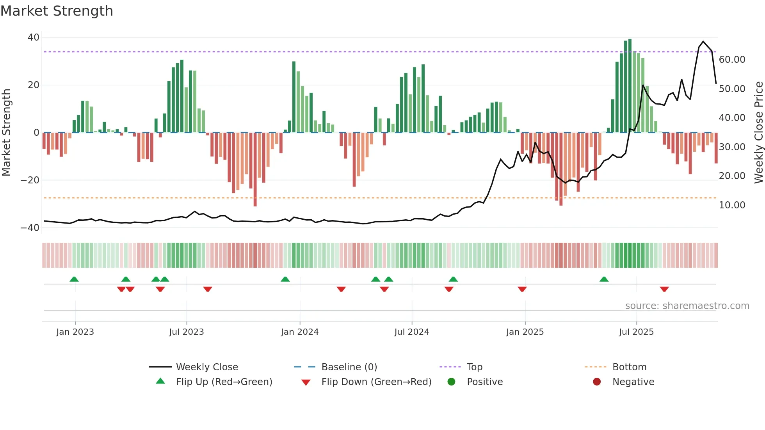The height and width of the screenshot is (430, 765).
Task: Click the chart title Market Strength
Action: (57, 11)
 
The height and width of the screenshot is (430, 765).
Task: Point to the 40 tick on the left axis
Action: (34, 37)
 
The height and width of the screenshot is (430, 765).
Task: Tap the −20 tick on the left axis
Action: (30, 180)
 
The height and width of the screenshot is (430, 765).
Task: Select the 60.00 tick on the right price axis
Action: (732, 60)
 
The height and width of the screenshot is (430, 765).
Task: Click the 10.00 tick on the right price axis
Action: (732, 205)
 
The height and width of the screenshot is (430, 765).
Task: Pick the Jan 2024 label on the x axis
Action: (299, 332)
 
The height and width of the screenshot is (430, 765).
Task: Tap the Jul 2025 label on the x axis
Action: (636, 332)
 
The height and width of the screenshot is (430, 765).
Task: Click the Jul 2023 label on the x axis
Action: (186, 332)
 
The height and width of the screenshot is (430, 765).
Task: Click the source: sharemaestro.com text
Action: (687, 306)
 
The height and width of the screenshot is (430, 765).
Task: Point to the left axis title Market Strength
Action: (6, 133)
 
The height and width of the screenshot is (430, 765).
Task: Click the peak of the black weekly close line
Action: (703, 41)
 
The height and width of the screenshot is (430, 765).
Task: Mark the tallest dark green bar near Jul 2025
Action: (630, 86)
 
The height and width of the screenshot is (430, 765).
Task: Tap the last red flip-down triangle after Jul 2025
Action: (664, 289)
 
